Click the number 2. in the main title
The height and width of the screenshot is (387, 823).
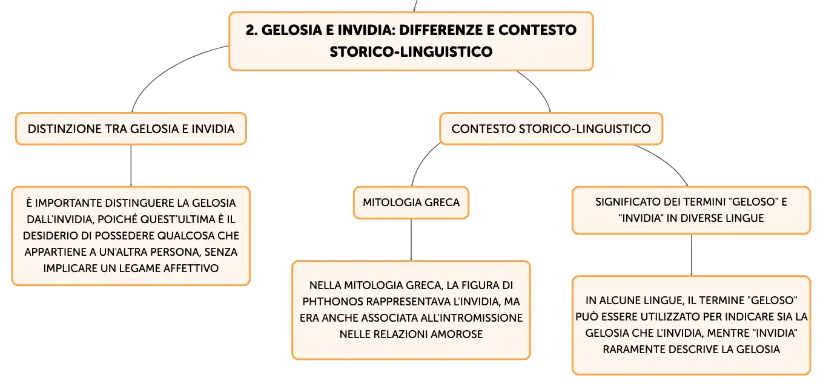(x=252, y=30)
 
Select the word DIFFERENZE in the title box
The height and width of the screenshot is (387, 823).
(x=441, y=30)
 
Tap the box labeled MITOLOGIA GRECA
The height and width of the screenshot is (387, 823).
(x=411, y=203)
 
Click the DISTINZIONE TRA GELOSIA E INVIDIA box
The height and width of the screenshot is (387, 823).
(x=131, y=129)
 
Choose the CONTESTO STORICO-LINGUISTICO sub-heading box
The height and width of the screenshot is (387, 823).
(x=551, y=129)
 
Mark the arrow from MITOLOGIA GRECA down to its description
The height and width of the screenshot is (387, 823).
(x=411, y=239)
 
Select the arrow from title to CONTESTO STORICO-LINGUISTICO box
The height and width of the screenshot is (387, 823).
(x=538, y=88)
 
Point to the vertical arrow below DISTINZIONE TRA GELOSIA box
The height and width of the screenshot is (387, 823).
(x=131, y=166)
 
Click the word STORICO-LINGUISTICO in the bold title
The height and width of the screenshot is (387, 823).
(x=411, y=52)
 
